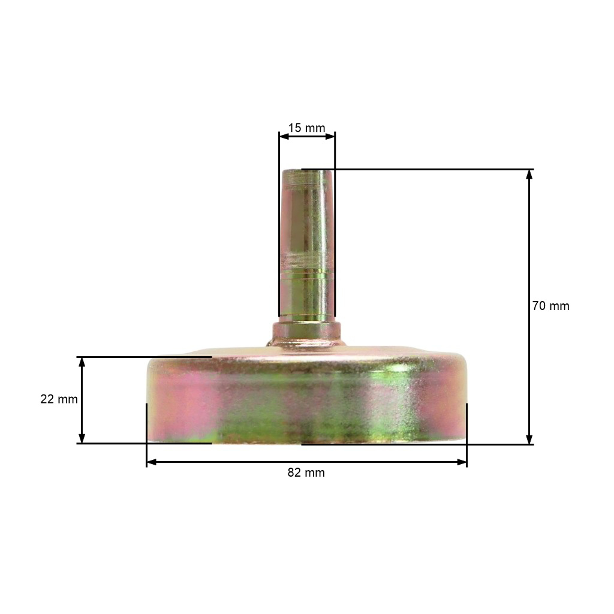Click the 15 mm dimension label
pos(307,128)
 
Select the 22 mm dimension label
pos(59,400)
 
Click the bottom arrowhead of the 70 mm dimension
pos(529,439)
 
